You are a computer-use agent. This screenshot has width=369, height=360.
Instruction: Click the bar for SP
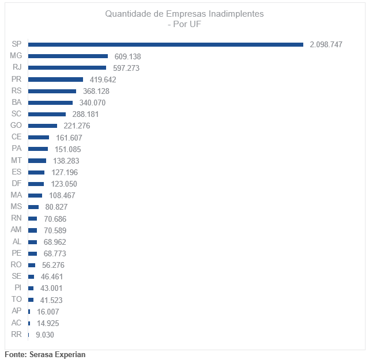point(165,44)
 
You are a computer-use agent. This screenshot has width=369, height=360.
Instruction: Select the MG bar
point(68,56)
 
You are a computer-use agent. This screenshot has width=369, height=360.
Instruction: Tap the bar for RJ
point(67,68)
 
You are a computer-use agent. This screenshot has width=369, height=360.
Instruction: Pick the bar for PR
point(55,79)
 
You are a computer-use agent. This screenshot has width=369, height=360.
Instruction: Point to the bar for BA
point(50,103)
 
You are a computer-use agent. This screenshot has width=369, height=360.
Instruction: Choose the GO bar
point(43,126)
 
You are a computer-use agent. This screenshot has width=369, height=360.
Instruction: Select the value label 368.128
point(96,91)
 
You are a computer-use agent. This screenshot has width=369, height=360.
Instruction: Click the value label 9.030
point(45,335)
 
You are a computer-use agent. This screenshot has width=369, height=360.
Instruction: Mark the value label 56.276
point(53,265)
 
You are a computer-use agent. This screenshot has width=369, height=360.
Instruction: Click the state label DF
point(17,184)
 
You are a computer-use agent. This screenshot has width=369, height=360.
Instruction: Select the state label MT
point(16,161)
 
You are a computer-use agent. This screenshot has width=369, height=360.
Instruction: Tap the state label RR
point(17,335)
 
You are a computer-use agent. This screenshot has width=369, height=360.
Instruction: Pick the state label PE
point(17,253)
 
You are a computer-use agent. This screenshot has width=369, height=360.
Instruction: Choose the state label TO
point(17,300)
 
